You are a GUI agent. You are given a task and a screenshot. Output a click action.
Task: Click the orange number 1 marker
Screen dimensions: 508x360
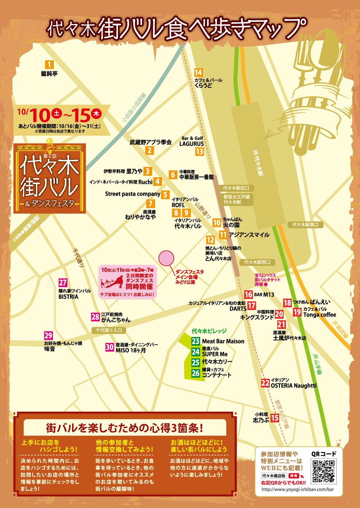[x=49, y=65]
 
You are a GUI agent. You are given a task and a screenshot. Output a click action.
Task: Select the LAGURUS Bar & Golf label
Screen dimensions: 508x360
[x=191, y=144]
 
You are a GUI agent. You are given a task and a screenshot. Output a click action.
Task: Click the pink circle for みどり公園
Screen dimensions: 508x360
[x=166, y=258]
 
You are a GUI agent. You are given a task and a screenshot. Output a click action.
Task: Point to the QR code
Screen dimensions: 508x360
[x=323, y=471]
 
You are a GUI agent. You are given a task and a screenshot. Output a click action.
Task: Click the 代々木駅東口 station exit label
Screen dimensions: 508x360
[x=305, y=225]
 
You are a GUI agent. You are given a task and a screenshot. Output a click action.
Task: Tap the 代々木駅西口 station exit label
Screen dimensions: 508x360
[x=257, y=262]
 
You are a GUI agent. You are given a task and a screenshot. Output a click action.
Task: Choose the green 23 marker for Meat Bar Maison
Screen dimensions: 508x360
[x=196, y=341]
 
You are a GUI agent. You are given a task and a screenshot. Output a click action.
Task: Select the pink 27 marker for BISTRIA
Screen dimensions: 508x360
[x=63, y=282]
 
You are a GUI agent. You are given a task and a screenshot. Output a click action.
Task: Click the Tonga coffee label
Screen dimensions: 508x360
[x=320, y=315]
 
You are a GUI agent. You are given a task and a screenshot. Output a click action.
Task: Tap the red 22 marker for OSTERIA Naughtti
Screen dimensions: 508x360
[x=265, y=383]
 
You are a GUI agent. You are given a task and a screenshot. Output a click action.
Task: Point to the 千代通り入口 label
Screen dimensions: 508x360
[x=108, y=330]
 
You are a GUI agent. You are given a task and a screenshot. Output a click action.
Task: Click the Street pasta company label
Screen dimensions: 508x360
[x=132, y=194]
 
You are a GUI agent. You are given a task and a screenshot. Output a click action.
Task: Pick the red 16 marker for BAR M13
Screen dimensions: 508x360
[x=248, y=294]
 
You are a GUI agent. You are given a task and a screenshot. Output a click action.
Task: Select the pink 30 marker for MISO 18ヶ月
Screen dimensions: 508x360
[x=110, y=347]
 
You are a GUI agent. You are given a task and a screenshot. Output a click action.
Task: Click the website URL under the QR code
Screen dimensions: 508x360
[x=297, y=489]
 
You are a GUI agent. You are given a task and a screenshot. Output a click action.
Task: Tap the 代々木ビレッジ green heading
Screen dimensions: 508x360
[x=209, y=331]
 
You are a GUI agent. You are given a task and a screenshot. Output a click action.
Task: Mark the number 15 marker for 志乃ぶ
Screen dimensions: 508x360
[x=275, y=418]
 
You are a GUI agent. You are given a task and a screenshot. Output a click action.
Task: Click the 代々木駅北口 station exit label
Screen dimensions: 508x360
[x=236, y=188]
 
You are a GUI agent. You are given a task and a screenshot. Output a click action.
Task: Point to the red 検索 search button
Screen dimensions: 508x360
[x=293, y=476]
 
